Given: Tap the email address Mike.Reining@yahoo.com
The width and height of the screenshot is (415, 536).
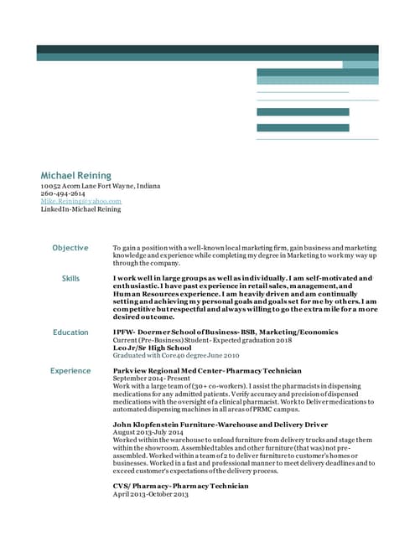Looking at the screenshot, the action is (x=81, y=201).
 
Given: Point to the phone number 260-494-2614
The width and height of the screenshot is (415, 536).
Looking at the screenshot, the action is (x=63, y=193).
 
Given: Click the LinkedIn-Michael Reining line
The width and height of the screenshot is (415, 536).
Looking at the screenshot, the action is (x=80, y=209).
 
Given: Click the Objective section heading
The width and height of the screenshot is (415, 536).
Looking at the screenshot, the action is (x=70, y=248).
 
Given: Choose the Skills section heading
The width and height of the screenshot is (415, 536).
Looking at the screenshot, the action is (x=70, y=278).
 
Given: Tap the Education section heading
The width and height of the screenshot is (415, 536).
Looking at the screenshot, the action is (x=70, y=332).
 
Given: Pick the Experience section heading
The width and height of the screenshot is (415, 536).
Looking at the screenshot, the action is (x=70, y=370).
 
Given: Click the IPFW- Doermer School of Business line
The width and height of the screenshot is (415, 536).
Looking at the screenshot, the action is (x=214, y=332).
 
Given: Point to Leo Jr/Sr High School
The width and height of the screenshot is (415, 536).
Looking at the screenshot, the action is (x=152, y=348).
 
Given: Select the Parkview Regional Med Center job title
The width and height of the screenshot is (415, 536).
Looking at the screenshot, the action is (x=207, y=370).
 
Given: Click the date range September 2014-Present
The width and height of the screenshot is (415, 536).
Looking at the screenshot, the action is (x=152, y=379).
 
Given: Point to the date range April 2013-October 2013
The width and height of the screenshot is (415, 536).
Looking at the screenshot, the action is (x=151, y=494).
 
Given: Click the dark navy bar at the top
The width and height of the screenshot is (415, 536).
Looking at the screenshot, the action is (x=207, y=49).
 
